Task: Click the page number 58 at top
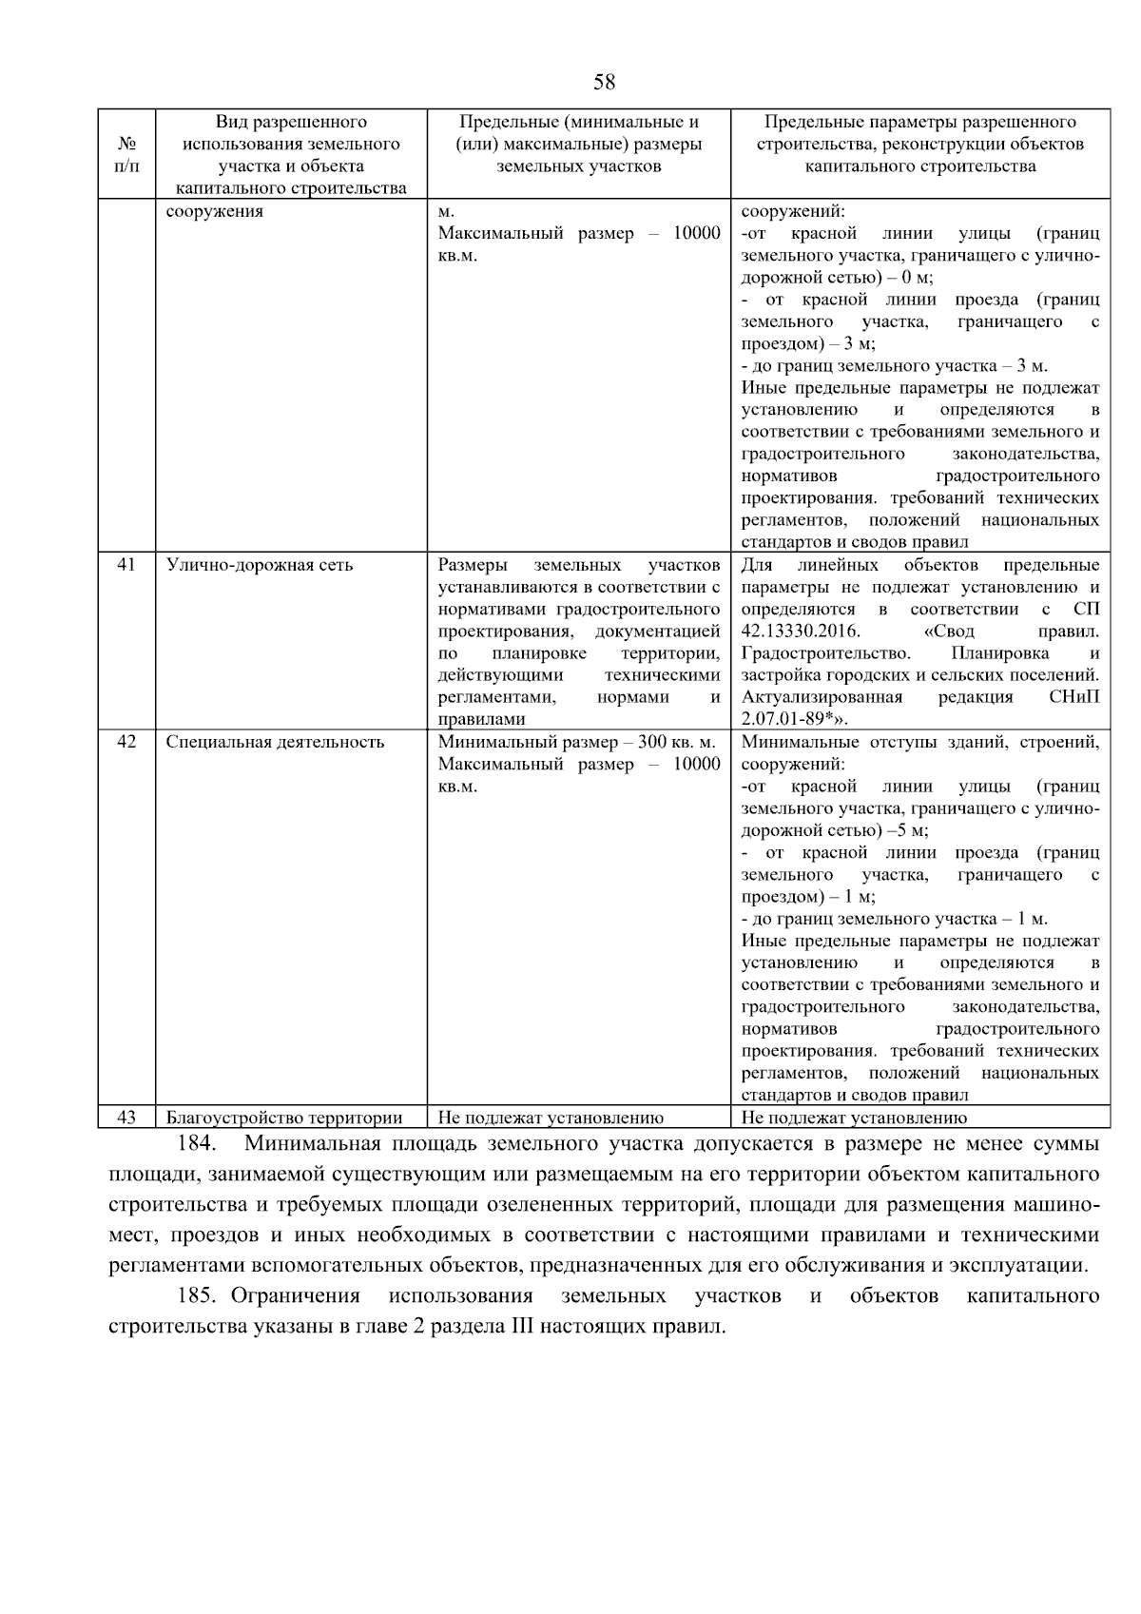pos(604,82)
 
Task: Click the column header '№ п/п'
pos(126,155)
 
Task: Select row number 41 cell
pos(126,565)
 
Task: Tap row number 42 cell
pos(126,742)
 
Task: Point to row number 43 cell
pos(126,1118)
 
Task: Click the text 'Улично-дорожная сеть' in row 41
pos(260,565)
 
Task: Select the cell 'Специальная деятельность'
pos(275,742)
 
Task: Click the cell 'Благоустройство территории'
pos(284,1118)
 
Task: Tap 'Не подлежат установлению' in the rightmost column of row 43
pos(854,1118)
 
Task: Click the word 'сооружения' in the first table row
pos(215,211)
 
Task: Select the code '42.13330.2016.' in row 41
pos(800,632)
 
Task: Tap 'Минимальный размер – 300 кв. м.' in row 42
pos(577,742)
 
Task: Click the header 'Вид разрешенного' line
pos(291,122)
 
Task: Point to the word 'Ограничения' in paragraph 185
pos(296,1295)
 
